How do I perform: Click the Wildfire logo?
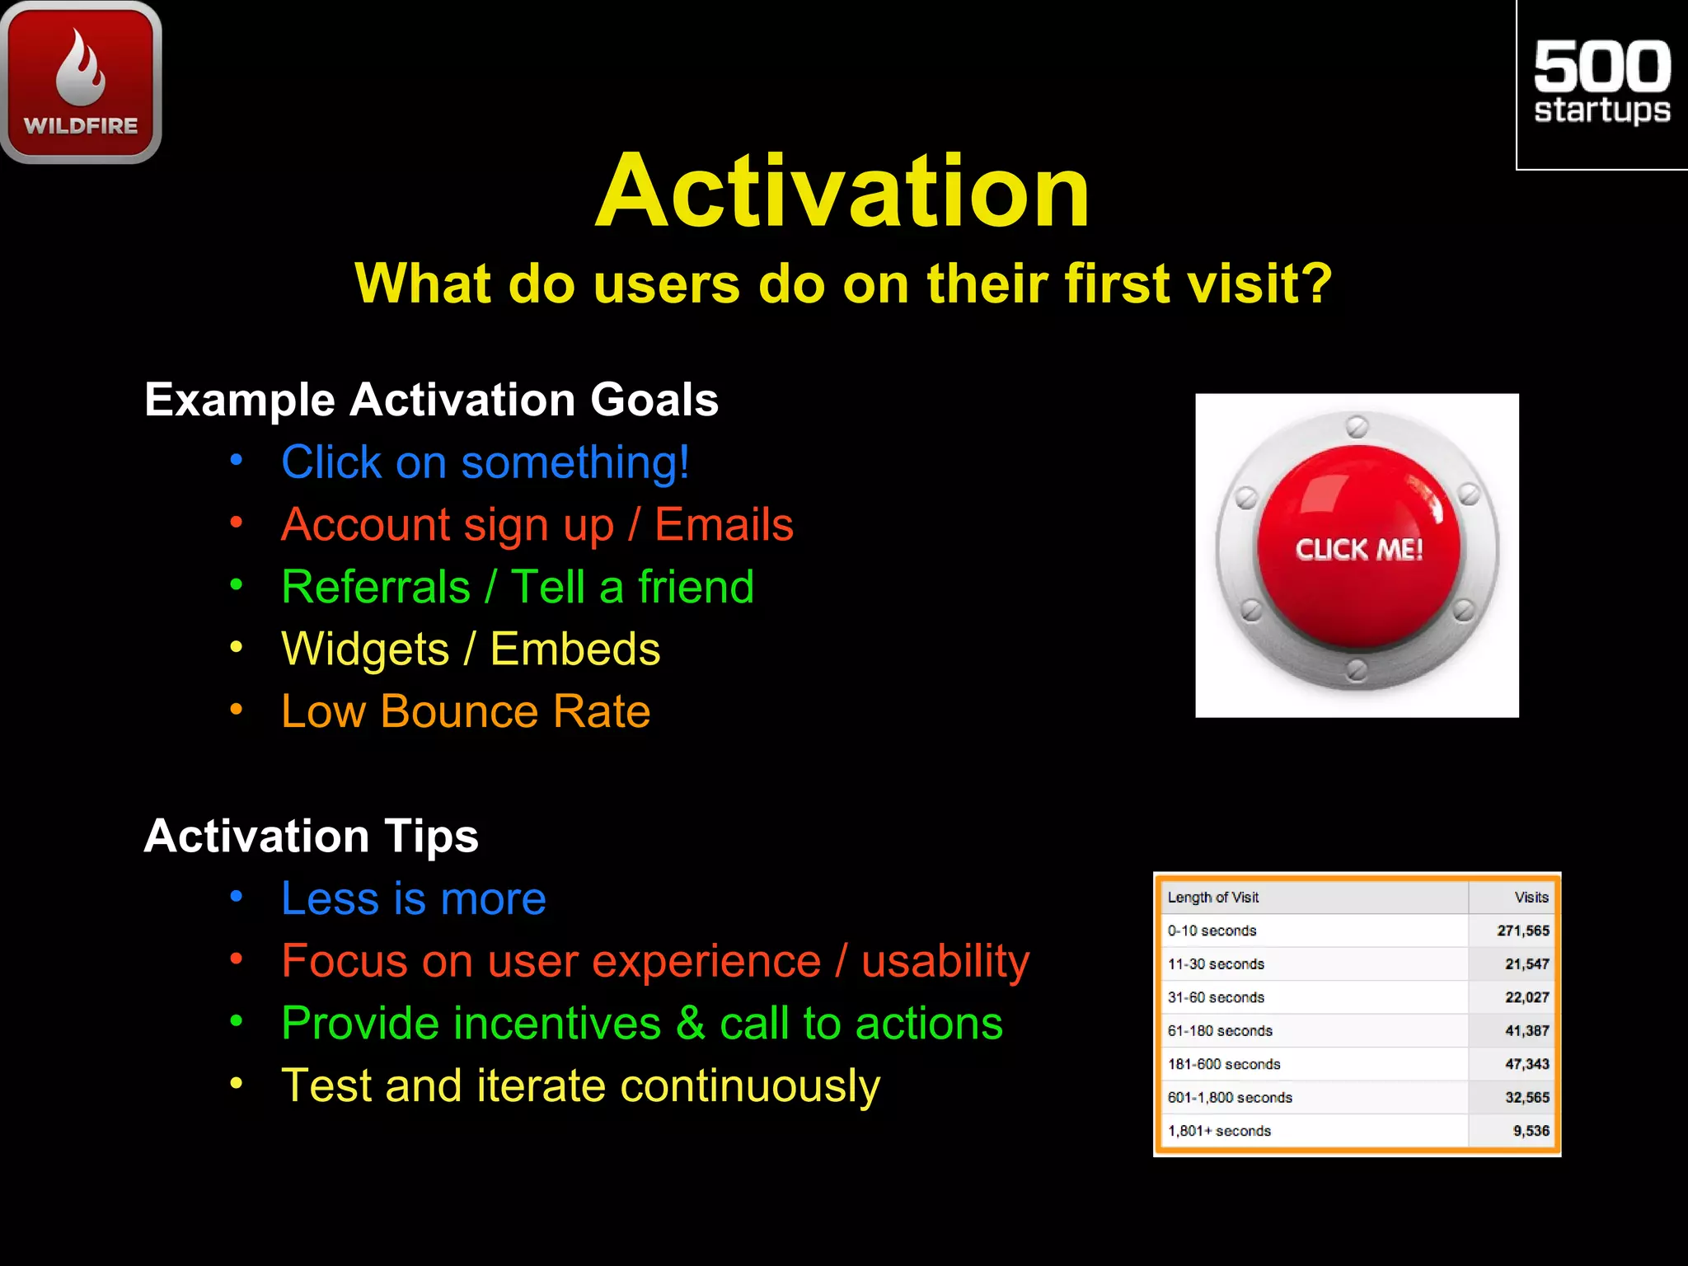pyautogui.click(x=81, y=82)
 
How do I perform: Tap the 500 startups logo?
pyautogui.click(x=1601, y=82)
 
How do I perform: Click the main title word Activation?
pyautogui.click(x=842, y=191)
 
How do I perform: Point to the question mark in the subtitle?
pyautogui.click(x=1318, y=283)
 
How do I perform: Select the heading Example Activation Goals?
pyautogui.click(x=431, y=400)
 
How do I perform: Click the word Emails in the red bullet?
pyautogui.click(x=724, y=525)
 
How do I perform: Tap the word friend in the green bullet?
pyautogui.click(x=696, y=587)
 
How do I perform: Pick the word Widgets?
pyautogui.click(x=365, y=649)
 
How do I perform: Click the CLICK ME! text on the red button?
pyautogui.click(x=1358, y=550)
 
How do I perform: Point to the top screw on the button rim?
pyautogui.click(x=1357, y=427)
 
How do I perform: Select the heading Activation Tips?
pyautogui.click(x=311, y=836)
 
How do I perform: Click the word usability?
pyautogui.click(x=945, y=961)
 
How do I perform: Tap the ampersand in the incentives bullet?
pyautogui.click(x=690, y=1024)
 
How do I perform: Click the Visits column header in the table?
pyautogui.click(x=1531, y=898)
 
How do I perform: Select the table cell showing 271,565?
pyautogui.click(x=1522, y=931)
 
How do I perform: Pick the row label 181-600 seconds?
pyautogui.click(x=1224, y=1064)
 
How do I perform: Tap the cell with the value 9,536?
pyautogui.click(x=1531, y=1131)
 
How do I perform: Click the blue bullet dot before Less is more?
pyautogui.click(x=237, y=896)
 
